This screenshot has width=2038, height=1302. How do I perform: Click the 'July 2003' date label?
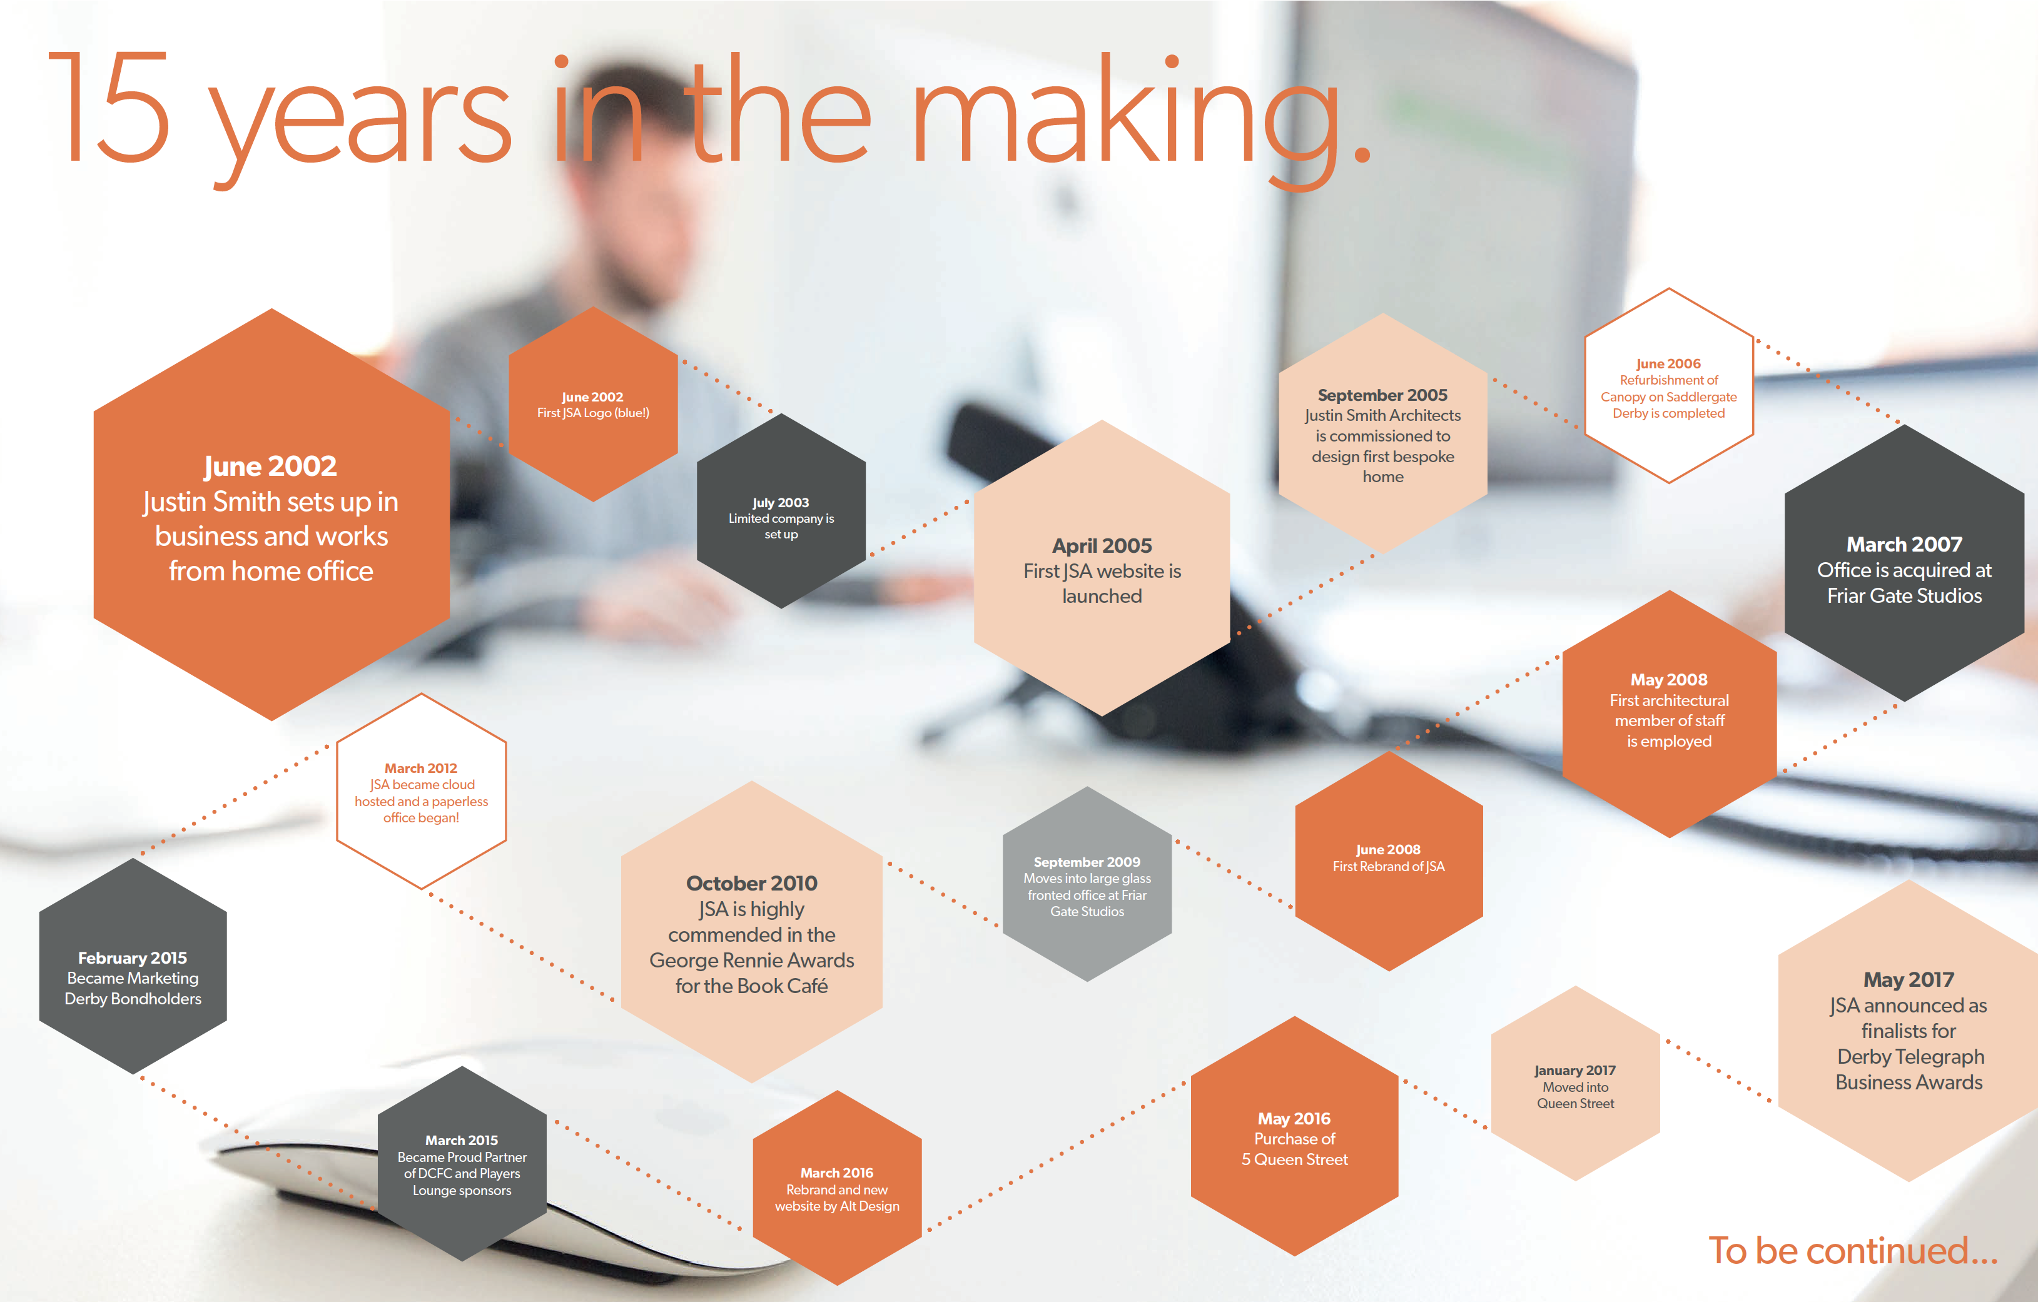pyautogui.click(x=780, y=503)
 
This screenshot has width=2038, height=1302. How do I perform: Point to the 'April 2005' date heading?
pyautogui.click(x=1102, y=546)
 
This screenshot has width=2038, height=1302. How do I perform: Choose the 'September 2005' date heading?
pyautogui.click(x=1382, y=395)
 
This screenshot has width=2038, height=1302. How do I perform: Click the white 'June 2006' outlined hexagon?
pyautogui.click(x=1668, y=386)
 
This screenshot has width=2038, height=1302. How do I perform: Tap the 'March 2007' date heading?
pyautogui.click(x=1904, y=544)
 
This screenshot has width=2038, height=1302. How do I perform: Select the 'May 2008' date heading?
pyautogui.click(x=1669, y=679)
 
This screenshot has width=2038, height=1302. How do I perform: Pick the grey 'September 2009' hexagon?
pyautogui.click(x=1088, y=884)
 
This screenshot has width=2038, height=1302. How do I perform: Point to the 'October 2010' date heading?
pyautogui.click(x=751, y=883)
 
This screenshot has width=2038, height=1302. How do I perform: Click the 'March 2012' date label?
pyautogui.click(x=420, y=768)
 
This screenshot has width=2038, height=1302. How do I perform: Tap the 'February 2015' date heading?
pyautogui.click(x=133, y=957)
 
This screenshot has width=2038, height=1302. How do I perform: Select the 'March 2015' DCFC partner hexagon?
pyautogui.click(x=462, y=1163)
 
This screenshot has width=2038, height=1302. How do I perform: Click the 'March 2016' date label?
pyautogui.click(x=837, y=1173)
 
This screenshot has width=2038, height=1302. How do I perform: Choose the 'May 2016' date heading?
pyautogui.click(x=1294, y=1118)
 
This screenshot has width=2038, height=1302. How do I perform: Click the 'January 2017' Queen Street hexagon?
pyautogui.click(x=1575, y=1083)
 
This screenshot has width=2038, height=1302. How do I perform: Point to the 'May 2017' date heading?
pyautogui.click(x=1909, y=980)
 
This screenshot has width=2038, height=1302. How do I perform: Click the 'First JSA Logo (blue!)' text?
pyautogui.click(x=593, y=413)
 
